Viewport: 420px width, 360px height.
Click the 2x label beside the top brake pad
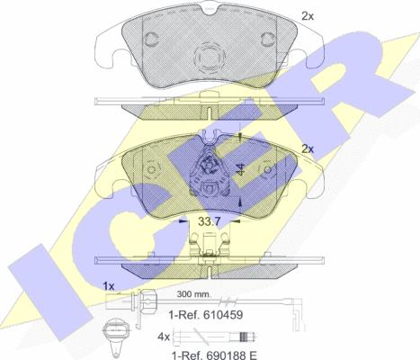pos(308,16)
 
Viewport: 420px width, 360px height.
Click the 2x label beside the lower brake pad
pos(308,148)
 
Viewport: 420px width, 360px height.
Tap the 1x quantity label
pos(109,286)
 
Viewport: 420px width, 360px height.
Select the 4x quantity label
pos(164,337)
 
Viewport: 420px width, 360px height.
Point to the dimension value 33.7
pos(210,221)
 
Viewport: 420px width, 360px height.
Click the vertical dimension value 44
pos(240,169)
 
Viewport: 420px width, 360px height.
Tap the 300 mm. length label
pos(193,294)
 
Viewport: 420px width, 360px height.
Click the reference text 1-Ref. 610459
pos(206,315)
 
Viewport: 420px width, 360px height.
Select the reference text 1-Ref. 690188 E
pos(214,355)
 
